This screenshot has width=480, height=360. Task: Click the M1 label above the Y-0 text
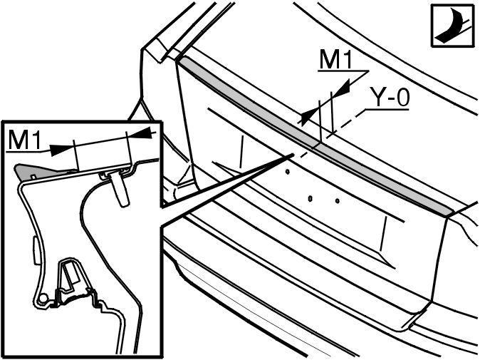(336, 59)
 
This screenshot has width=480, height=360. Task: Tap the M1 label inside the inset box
(24, 140)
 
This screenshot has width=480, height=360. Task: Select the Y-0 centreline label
(390, 97)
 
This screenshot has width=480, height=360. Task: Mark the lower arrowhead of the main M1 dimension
(308, 118)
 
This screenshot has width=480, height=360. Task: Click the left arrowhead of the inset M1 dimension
(61, 149)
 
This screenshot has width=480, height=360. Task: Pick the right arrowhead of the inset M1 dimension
(139, 133)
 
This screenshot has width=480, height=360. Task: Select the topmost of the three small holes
(288, 172)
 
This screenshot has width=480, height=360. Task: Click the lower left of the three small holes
(310, 199)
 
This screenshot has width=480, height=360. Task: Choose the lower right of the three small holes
(338, 201)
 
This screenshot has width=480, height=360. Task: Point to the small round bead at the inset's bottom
(43, 297)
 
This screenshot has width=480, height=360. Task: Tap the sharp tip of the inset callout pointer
(293, 155)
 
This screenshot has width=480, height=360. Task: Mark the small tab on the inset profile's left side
(35, 250)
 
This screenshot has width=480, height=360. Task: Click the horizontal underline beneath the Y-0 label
(387, 109)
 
